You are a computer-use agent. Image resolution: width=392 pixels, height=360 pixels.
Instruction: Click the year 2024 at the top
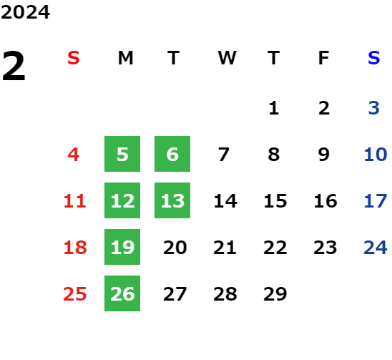pos(25,12)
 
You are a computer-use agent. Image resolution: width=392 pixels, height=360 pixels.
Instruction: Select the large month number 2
pos(14,66)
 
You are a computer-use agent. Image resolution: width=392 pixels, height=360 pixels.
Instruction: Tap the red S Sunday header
pos(74,58)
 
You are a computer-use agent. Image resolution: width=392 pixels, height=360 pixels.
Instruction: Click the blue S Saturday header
pos(373,58)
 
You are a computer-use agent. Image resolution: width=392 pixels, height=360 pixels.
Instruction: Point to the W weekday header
pos(227,58)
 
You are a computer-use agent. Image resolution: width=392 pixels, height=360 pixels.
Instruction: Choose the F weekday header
pos(323,58)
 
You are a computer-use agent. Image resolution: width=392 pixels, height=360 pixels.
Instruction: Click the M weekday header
pos(125,58)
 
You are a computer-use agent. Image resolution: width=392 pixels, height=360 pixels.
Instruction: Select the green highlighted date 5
pos(122,154)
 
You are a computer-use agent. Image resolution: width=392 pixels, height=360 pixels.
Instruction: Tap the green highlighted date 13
pos(172,200)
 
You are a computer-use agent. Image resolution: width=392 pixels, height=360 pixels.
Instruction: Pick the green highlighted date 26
pos(122,293)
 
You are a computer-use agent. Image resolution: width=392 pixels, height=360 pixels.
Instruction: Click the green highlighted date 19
pos(122,247)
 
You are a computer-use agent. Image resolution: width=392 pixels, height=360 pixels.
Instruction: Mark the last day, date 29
pos(275,293)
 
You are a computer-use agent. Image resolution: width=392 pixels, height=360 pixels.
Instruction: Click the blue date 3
pos(373,108)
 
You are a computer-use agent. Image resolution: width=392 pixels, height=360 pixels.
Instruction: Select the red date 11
pos(74,201)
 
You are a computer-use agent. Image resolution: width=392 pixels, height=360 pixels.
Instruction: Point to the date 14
pos(225,201)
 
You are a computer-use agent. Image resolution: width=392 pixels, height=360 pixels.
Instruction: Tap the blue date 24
pos(376,248)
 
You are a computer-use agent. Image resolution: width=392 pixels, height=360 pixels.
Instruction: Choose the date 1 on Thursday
pos(274,108)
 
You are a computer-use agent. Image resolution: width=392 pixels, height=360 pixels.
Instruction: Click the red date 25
pos(74,293)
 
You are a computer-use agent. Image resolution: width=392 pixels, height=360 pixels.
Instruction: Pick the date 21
pos(225,248)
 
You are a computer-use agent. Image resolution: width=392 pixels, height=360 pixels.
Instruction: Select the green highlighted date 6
pos(172,154)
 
